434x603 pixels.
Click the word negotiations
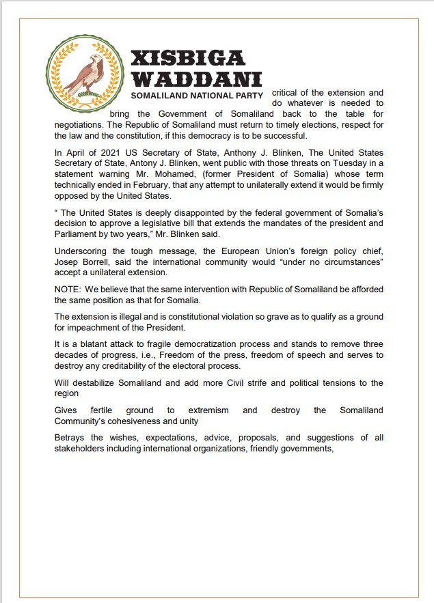pyautogui.click(x=81, y=125)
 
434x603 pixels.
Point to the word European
pyautogui.click(x=248, y=242)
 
